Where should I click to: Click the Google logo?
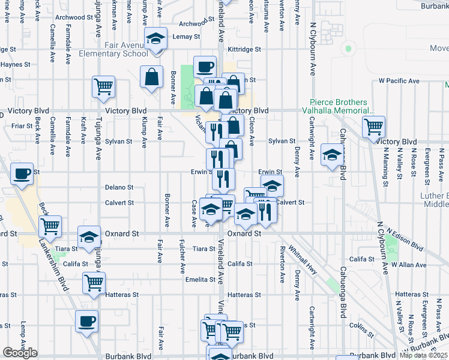coord(20,353)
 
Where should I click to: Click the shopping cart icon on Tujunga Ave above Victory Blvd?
coord(103,86)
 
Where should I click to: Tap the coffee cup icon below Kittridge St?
coord(205,65)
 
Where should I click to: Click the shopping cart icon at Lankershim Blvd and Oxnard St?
coord(50,226)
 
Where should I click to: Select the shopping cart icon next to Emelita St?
coord(94,283)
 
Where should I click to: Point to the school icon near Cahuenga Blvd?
coord(332,155)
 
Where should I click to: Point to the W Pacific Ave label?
coord(399,80)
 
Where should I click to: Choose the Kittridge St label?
coord(244,49)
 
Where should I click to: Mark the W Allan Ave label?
coord(408,264)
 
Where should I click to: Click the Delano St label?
coord(119,187)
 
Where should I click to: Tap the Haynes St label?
coord(16,64)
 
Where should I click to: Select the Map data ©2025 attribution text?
coord(424,355)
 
